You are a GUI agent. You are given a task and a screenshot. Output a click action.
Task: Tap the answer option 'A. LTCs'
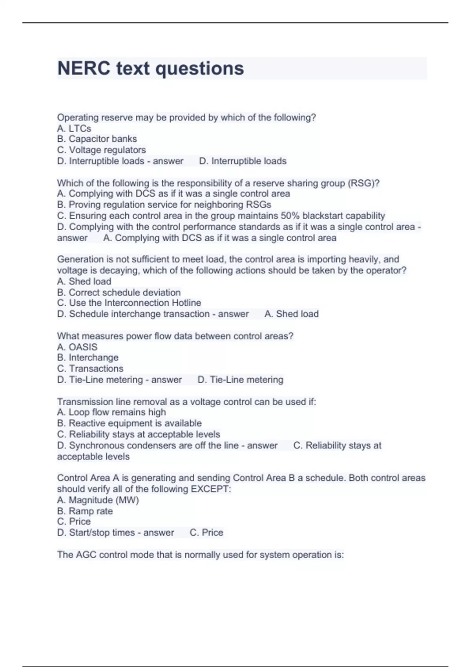tap(74, 128)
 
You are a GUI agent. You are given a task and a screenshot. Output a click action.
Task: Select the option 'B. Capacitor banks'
tap(97, 139)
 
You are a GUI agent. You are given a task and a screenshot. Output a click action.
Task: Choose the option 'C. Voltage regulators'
tap(101, 150)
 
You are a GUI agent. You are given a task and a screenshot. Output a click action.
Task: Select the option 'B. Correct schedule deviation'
tap(119, 292)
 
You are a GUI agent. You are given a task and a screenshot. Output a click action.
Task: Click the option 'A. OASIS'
tap(77, 347)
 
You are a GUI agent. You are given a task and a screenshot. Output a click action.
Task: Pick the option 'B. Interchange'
tap(88, 357)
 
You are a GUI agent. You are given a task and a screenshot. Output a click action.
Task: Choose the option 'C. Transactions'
tap(90, 368)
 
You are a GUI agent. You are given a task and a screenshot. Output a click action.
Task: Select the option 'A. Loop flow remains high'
tap(111, 412)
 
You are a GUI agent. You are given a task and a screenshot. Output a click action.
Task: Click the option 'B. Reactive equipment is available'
tap(129, 423)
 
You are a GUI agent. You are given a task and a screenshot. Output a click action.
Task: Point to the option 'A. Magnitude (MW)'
tap(98, 500)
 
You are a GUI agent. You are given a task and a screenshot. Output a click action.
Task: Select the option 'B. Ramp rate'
tap(85, 511)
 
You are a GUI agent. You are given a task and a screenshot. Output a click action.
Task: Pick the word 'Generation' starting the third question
tap(80, 259)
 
